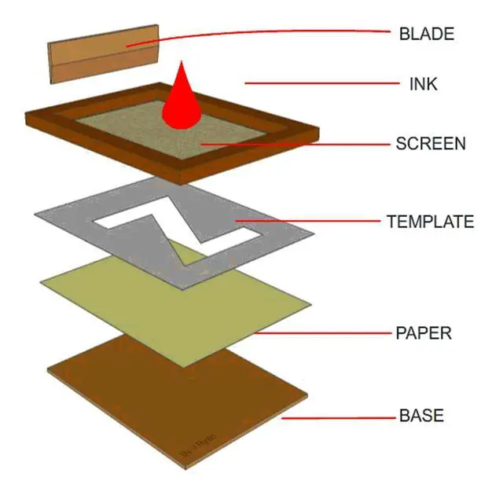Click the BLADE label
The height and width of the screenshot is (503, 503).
(427, 34)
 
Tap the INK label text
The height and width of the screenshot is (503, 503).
(423, 83)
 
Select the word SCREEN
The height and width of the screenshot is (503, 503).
(431, 144)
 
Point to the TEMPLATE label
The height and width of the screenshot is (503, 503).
(430, 222)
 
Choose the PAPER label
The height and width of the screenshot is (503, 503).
(423, 333)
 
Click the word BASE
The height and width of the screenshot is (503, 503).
(421, 416)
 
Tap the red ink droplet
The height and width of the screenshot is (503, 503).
(182, 102)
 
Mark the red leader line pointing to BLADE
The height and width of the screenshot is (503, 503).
(275, 32)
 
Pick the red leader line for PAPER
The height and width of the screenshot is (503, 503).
(322, 332)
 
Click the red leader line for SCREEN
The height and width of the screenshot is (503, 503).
(299, 144)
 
